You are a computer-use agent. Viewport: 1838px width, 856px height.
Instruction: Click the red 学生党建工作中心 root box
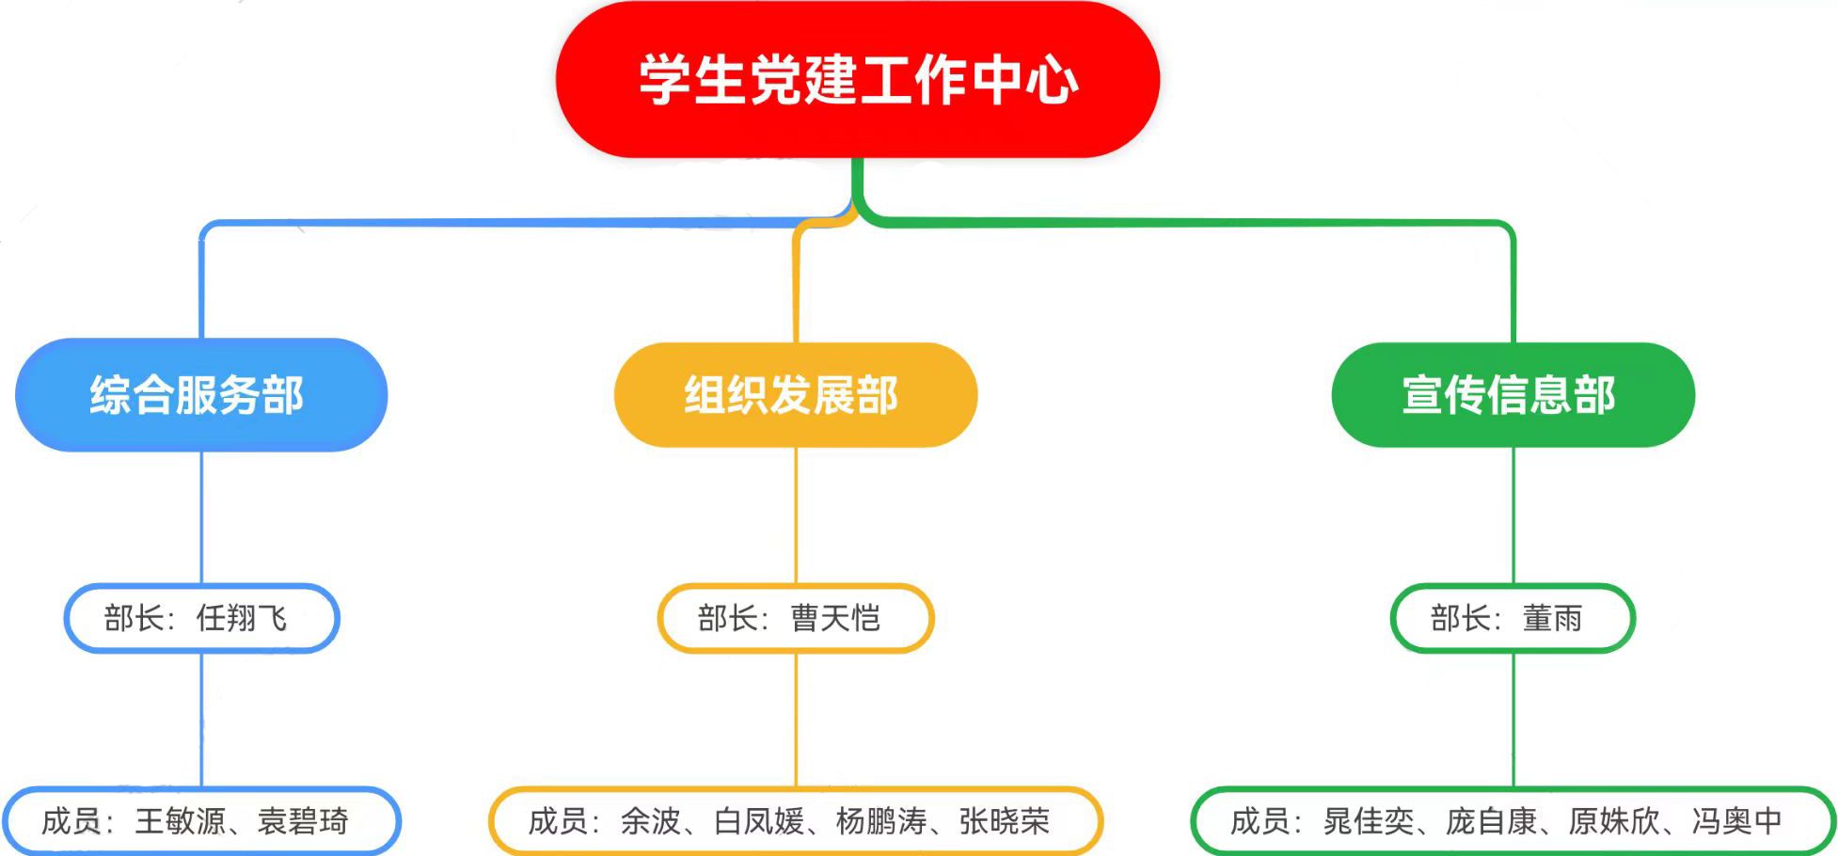point(857,79)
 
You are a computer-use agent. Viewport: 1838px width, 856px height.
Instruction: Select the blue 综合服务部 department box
point(200,394)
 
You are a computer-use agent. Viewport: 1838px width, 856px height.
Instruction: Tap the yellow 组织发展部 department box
point(795,394)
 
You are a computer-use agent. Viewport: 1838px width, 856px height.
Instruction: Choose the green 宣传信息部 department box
point(1513,394)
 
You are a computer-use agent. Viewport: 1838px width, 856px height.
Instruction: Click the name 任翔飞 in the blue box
point(242,618)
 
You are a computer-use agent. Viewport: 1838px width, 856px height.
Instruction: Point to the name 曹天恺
point(835,618)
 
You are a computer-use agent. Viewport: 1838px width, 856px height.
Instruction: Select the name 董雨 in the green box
point(1553,618)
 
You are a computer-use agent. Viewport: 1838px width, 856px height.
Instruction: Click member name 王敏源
point(181,821)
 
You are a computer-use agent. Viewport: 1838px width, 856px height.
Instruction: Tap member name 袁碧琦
point(303,821)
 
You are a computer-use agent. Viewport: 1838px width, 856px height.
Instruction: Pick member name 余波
point(650,821)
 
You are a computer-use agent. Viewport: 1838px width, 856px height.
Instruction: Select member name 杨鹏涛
point(881,821)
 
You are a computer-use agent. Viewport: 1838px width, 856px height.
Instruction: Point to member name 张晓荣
point(1004,821)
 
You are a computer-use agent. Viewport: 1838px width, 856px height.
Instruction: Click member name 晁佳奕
point(1369,821)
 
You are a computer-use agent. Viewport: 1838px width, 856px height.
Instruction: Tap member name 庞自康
point(1491,821)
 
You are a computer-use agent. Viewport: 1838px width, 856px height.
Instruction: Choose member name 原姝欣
point(1613,821)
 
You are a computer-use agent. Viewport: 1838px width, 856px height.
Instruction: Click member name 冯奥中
point(1736,821)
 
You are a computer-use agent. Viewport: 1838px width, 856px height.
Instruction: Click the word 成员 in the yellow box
point(558,821)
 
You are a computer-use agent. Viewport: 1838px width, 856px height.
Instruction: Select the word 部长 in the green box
point(1461,618)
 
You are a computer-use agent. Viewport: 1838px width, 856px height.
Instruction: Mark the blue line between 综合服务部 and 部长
point(201,517)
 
